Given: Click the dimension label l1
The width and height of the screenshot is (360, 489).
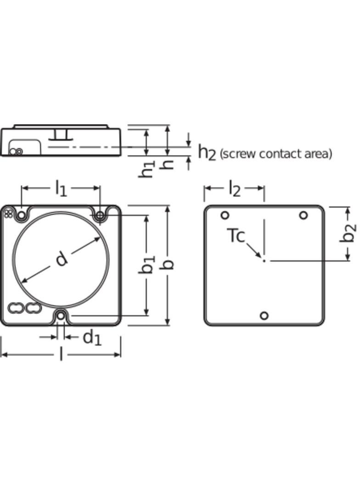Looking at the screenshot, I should [x=61, y=189].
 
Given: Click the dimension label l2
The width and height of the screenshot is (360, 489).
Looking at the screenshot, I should [x=234, y=189].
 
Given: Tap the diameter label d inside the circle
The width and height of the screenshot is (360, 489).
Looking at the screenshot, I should [x=62, y=259].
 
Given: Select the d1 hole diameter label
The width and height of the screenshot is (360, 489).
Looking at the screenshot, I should [x=92, y=338].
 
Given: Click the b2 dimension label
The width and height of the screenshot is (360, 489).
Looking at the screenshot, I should [x=350, y=233].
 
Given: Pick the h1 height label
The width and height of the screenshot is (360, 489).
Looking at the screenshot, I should [x=147, y=169].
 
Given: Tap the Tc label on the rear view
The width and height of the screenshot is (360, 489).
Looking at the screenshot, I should [x=236, y=236].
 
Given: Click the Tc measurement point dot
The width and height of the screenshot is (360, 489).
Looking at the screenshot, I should [x=264, y=261].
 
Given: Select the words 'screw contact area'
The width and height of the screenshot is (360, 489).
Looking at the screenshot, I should [x=276, y=154].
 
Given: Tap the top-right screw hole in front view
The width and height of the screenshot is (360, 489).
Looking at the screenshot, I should [x=100, y=215].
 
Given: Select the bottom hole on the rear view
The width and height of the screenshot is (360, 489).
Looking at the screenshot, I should [x=264, y=316].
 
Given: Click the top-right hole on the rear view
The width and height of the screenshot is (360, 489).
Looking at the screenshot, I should [x=303, y=215].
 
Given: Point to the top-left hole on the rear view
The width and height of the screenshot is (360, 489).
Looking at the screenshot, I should [x=225, y=215].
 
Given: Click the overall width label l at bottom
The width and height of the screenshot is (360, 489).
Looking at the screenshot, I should [x=61, y=354].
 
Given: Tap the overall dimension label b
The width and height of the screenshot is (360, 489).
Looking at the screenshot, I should [x=169, y=265].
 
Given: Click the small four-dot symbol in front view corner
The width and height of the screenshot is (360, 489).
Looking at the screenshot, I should [x=8, y=212].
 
